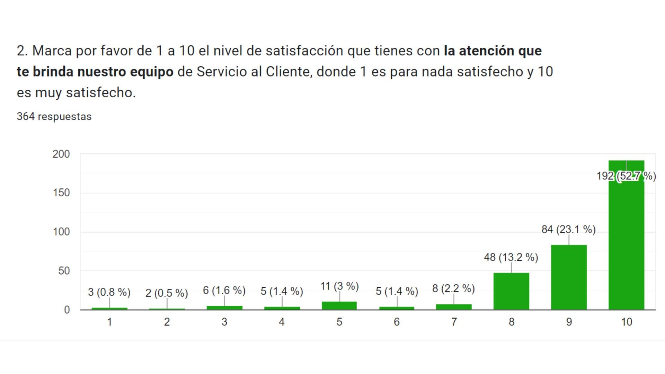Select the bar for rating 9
click(569, 277)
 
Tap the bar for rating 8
click(511, 291)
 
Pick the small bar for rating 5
click(339, 305)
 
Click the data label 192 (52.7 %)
click(626, 176)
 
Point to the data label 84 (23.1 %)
click(569, 229)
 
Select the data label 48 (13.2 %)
click(511, 257)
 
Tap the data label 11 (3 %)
click(339, 286)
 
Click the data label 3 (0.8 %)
click(109, 292)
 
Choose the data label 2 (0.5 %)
click(167, 293)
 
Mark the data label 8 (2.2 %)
click(453, 288)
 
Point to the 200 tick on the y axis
click(61, 154)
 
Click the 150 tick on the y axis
click(61, 193)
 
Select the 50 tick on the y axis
click(64, 271)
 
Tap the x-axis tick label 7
click(454, 322)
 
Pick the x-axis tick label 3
click(224, 322)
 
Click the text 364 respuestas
click(54, 117)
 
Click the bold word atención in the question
click(487, 51)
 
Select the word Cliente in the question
click(286, 72)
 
